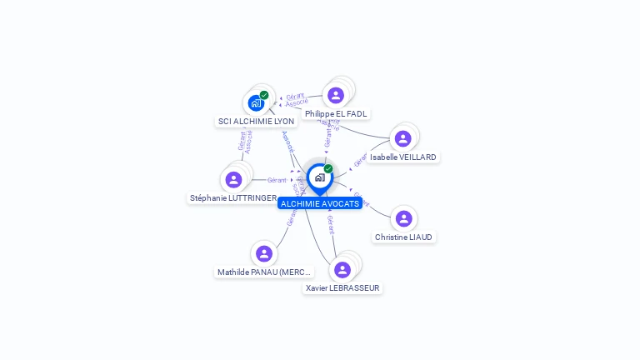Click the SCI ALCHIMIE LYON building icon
pyautogui.click(x=256, y=103)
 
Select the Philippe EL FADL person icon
pyautogui.click(x=336, y=95)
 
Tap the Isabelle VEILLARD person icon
pyautogui.click(x=403, y=138)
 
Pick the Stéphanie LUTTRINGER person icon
pyautogui.click(x=233, y=179)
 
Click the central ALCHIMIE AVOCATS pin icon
pyautogui.click(x=319, y=177)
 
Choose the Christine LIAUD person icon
pyautogui.click(x=404, y=218)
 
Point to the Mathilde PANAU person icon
pyautogui.click(x=264, y=253)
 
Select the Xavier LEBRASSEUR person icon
pyautogui.click(x=342, y=269)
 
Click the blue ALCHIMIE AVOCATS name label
pyautogui.click(x=320, y=203)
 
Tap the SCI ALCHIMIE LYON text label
pyautogui.click(x=256, y=122)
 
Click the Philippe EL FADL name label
pyautogui.click(x=336, y=114)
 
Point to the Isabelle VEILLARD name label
pyautogui.click(x=403, y=157)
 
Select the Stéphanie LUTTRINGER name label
pyautogui.click(x=233, y=198)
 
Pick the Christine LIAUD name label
pyautogui.click(x=404, y=237)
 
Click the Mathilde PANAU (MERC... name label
pyautogui.click(x=264, y=272)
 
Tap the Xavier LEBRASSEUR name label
pyautogui.click(x=342, y=288)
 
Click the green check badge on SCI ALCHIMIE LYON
pyautogui.click(x=264, y=95)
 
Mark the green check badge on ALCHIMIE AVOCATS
pyautogui.click(x=328, y=168)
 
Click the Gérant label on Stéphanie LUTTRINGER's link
pyautogui.click(x=277, y=180)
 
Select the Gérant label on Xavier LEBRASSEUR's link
pyautogui.click(x=331, y=224)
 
